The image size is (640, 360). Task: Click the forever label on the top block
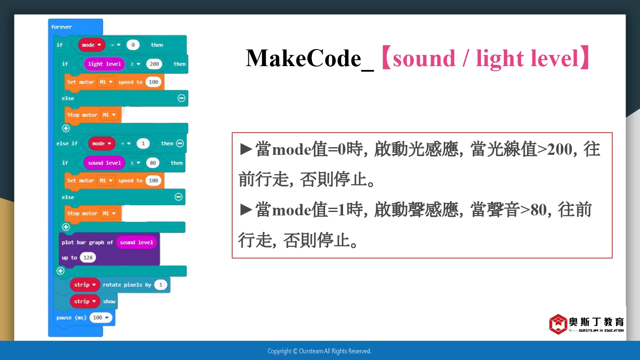(61, 27)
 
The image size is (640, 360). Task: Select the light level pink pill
(104, 64)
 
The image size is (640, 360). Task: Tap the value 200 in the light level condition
(154, 64)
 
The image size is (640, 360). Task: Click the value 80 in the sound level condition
(153, 163)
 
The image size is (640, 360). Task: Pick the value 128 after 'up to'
(88, 258)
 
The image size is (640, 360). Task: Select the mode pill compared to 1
(102, 143)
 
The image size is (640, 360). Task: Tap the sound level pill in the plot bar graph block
(136, 242)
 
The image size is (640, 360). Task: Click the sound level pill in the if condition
(104, 163)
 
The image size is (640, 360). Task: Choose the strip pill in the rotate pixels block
(85, 285)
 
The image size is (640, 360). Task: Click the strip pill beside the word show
(85, 301)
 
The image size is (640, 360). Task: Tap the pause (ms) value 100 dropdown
(101, 318)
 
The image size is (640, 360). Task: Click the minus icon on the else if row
(180, 143)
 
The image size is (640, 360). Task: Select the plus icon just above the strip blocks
(60, 270)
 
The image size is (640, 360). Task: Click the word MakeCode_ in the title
(310, 59)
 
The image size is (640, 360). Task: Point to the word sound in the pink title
(424, 58)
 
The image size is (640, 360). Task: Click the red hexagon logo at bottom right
(558, 324)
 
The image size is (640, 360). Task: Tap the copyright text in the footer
(319, 351)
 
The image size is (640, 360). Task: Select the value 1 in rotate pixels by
(160, 285)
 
